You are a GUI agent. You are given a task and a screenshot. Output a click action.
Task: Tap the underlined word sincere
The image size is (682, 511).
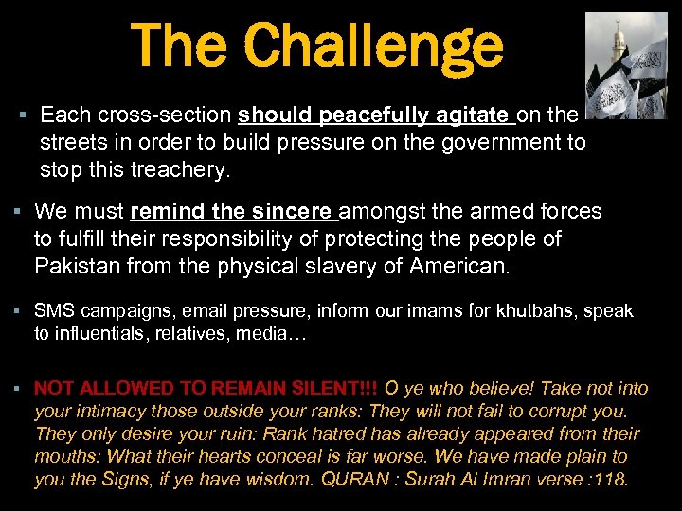click(x=295, y=211)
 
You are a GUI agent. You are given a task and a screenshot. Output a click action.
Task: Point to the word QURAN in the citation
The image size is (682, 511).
click(x=355, y=480)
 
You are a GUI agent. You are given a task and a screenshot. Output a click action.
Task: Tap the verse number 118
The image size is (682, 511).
click(x=609, y=480)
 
